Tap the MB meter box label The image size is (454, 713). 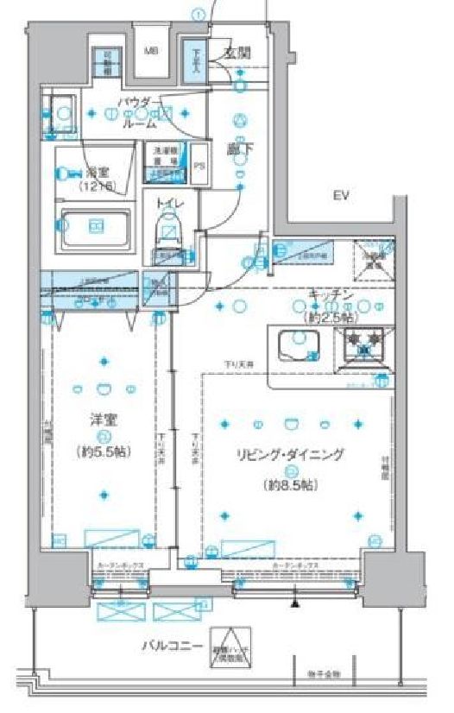point(150,51)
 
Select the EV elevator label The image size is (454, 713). point(341,197)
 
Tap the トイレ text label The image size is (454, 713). point(169,204)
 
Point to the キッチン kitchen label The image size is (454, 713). point(331,295)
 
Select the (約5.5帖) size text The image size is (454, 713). point(104,450)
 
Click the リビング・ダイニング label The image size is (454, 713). point(292,453)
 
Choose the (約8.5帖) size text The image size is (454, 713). point(292,485)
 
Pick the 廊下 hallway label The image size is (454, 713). point(237,148)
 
